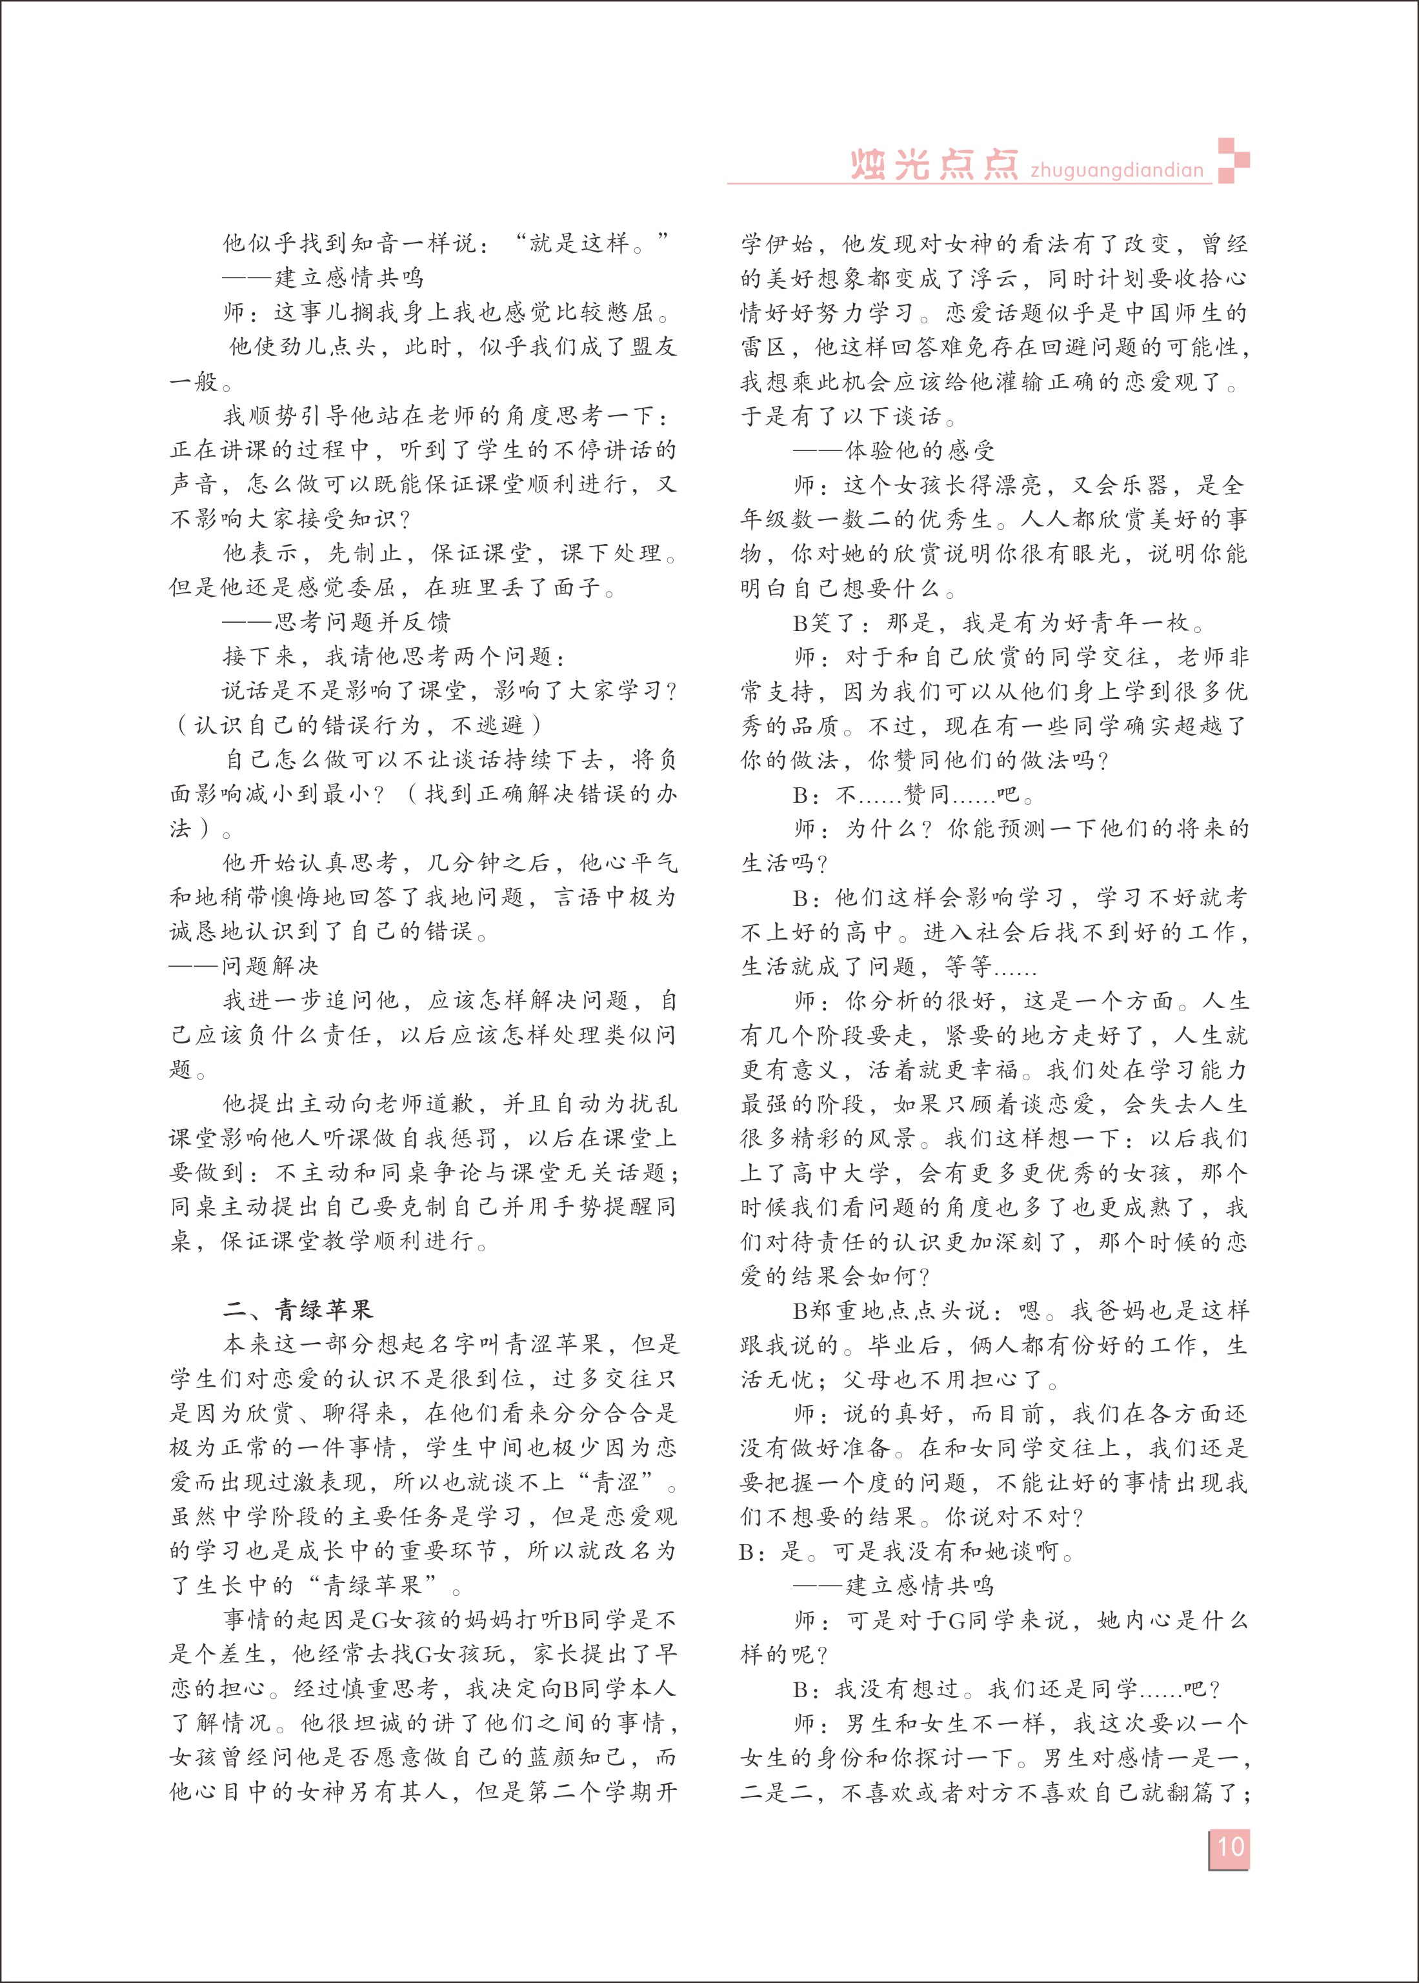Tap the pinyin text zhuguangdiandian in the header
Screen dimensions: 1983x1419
(1116, 170)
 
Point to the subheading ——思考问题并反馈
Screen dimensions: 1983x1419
(336, 622)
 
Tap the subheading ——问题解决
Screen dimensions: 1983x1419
(244, 965)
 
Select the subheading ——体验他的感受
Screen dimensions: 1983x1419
(894, 451)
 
